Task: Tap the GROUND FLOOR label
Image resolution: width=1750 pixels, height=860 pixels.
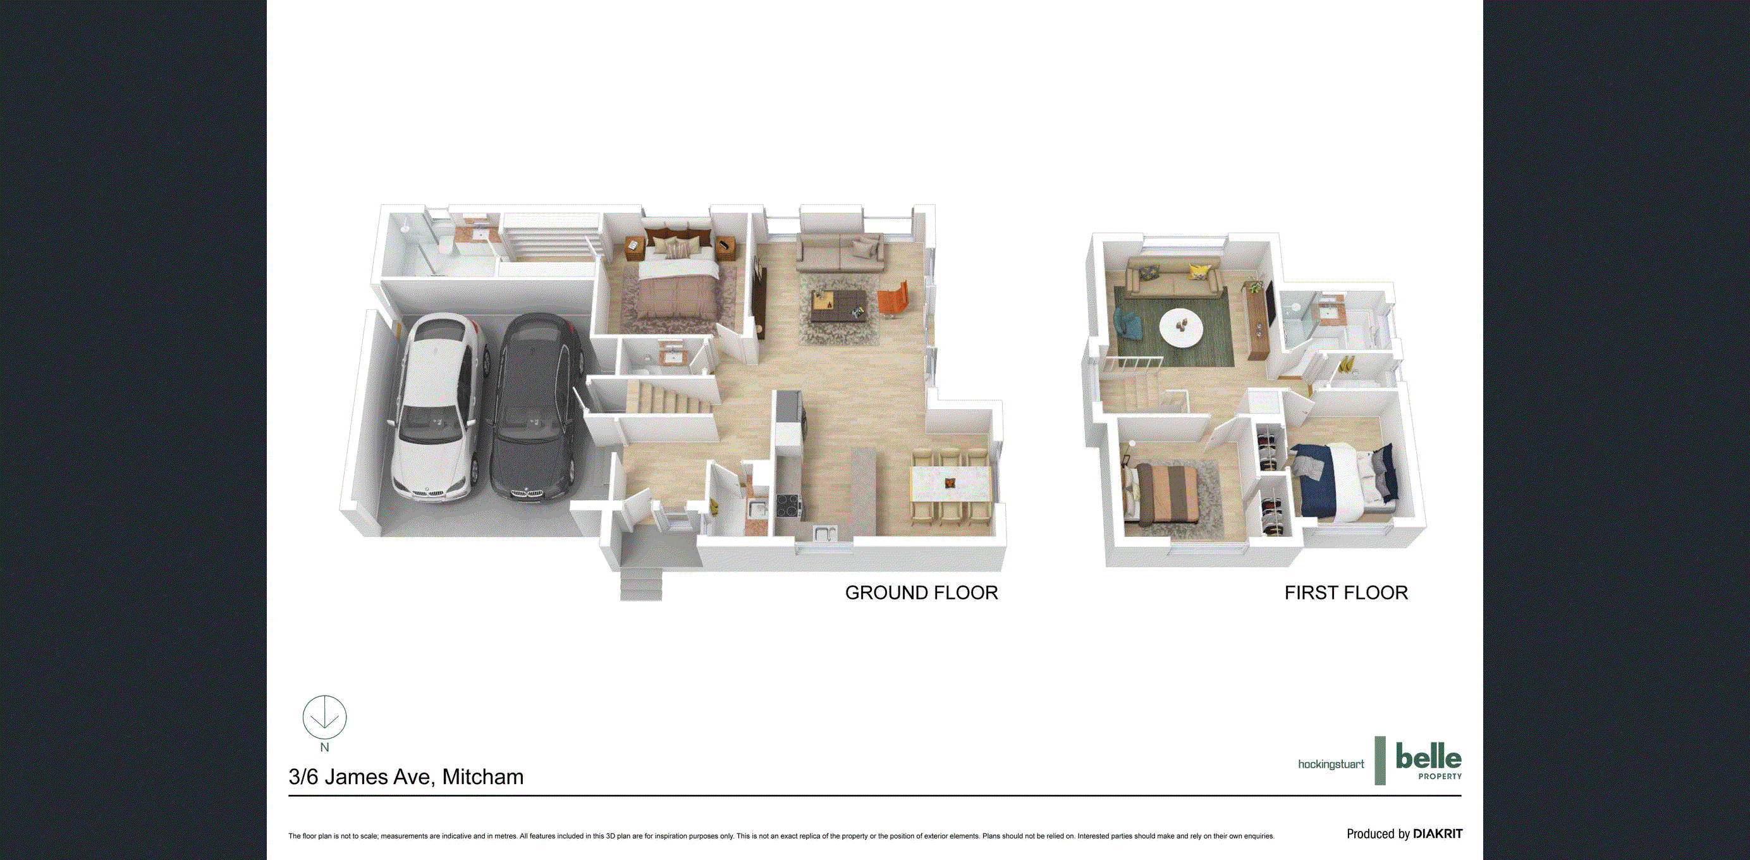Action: tap(921, 593)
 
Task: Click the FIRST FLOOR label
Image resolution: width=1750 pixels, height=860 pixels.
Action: tap(1346, 593)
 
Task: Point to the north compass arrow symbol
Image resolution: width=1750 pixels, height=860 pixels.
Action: tap(325, 718)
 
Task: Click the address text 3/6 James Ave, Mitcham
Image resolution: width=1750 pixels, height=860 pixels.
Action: tap(405, 777)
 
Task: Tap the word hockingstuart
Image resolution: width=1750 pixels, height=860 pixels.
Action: tap(1331, 765)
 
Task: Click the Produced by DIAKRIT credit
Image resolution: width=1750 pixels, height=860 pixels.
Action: tap(1404, 833)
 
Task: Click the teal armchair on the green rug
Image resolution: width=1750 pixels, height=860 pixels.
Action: tap(1129, 324)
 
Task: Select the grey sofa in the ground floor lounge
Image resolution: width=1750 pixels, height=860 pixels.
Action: tap(840, 252)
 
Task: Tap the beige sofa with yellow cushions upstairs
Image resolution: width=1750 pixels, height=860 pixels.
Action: tap(1173, 279)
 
